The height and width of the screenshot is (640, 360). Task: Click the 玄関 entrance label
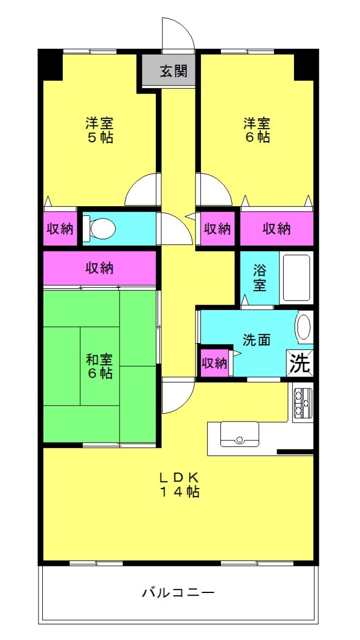tap(173, 71)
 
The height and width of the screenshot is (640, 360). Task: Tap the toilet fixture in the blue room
tap(99, 228)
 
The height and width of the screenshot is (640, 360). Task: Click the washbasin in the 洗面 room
tap(304, 327)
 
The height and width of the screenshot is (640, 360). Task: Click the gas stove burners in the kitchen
tap(303, 403)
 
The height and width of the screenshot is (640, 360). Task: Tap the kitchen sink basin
tap(239, 434)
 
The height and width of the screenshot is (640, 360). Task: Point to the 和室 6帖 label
tap(99, 366)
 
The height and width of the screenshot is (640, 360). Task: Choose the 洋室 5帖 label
tap(99, 130)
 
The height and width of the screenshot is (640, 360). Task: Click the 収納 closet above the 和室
tap(99, 268)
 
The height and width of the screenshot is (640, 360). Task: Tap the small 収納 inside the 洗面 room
tap(214, 363)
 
